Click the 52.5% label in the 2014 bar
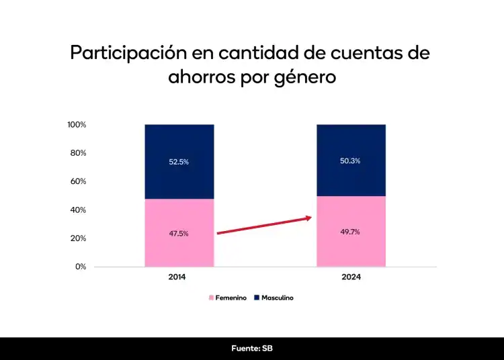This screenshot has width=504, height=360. pos(179,162)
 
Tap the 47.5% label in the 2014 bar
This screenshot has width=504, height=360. pos(179,234)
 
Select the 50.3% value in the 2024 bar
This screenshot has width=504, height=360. pos(351,161)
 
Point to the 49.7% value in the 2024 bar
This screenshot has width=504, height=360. pos(351,232)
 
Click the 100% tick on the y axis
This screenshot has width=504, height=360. pos(77,125)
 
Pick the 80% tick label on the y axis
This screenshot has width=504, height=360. pos(79,153)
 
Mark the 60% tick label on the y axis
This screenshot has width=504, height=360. pos(79,181)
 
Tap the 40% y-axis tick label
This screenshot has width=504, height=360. pos(79,210)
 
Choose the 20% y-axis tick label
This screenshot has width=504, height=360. pos(79,238)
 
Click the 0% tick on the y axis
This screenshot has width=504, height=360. pos(81,267)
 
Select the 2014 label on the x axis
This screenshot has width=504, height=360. pos(177,277)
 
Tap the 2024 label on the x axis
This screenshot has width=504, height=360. pos(351,277)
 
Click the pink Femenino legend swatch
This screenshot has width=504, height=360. pos(211,298)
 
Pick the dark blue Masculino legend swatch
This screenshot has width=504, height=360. pos(256,298)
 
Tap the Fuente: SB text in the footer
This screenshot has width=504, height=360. pos(252,349)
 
